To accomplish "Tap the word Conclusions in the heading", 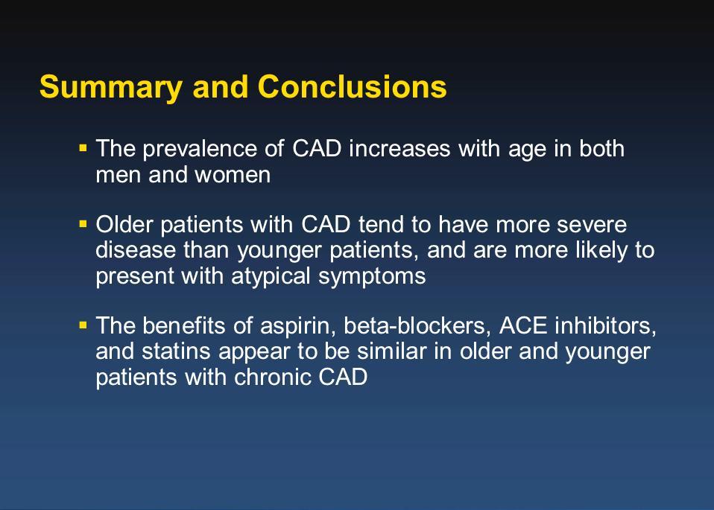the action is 352,86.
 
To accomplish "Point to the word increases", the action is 399,149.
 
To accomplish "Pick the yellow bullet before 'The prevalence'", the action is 83,148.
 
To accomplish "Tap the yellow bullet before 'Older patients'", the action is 83,224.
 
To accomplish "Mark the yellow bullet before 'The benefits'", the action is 83,325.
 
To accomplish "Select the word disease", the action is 136,250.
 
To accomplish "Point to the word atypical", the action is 271,277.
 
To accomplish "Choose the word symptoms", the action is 372,277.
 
